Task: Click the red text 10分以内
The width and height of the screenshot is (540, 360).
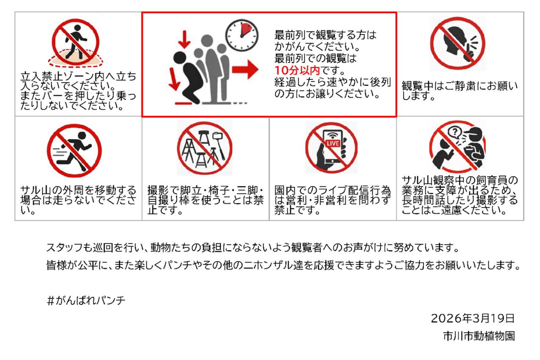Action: (297, 70)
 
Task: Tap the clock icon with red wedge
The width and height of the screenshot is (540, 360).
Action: (242, 35)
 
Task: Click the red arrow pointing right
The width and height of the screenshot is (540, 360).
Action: (245, 70)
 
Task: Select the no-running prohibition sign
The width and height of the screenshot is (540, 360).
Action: (74, 151)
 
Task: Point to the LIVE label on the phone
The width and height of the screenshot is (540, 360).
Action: (333, 143)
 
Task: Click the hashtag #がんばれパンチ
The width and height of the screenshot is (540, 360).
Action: (86, 301)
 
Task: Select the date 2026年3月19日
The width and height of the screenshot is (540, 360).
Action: (473, 318)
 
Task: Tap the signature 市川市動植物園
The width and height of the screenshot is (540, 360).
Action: (479, 336)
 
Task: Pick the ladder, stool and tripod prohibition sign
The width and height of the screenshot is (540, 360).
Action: (205, 148)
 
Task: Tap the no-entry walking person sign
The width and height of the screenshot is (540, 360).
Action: (76, 42)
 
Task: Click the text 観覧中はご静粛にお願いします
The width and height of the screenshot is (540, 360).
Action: (460, 91)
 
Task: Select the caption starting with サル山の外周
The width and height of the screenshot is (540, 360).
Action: (78, 200)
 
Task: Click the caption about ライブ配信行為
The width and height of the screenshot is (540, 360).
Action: (332, 200)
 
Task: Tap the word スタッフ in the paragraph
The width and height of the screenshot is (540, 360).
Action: (64, 247)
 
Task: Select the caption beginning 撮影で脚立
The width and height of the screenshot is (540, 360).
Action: (205, 200)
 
